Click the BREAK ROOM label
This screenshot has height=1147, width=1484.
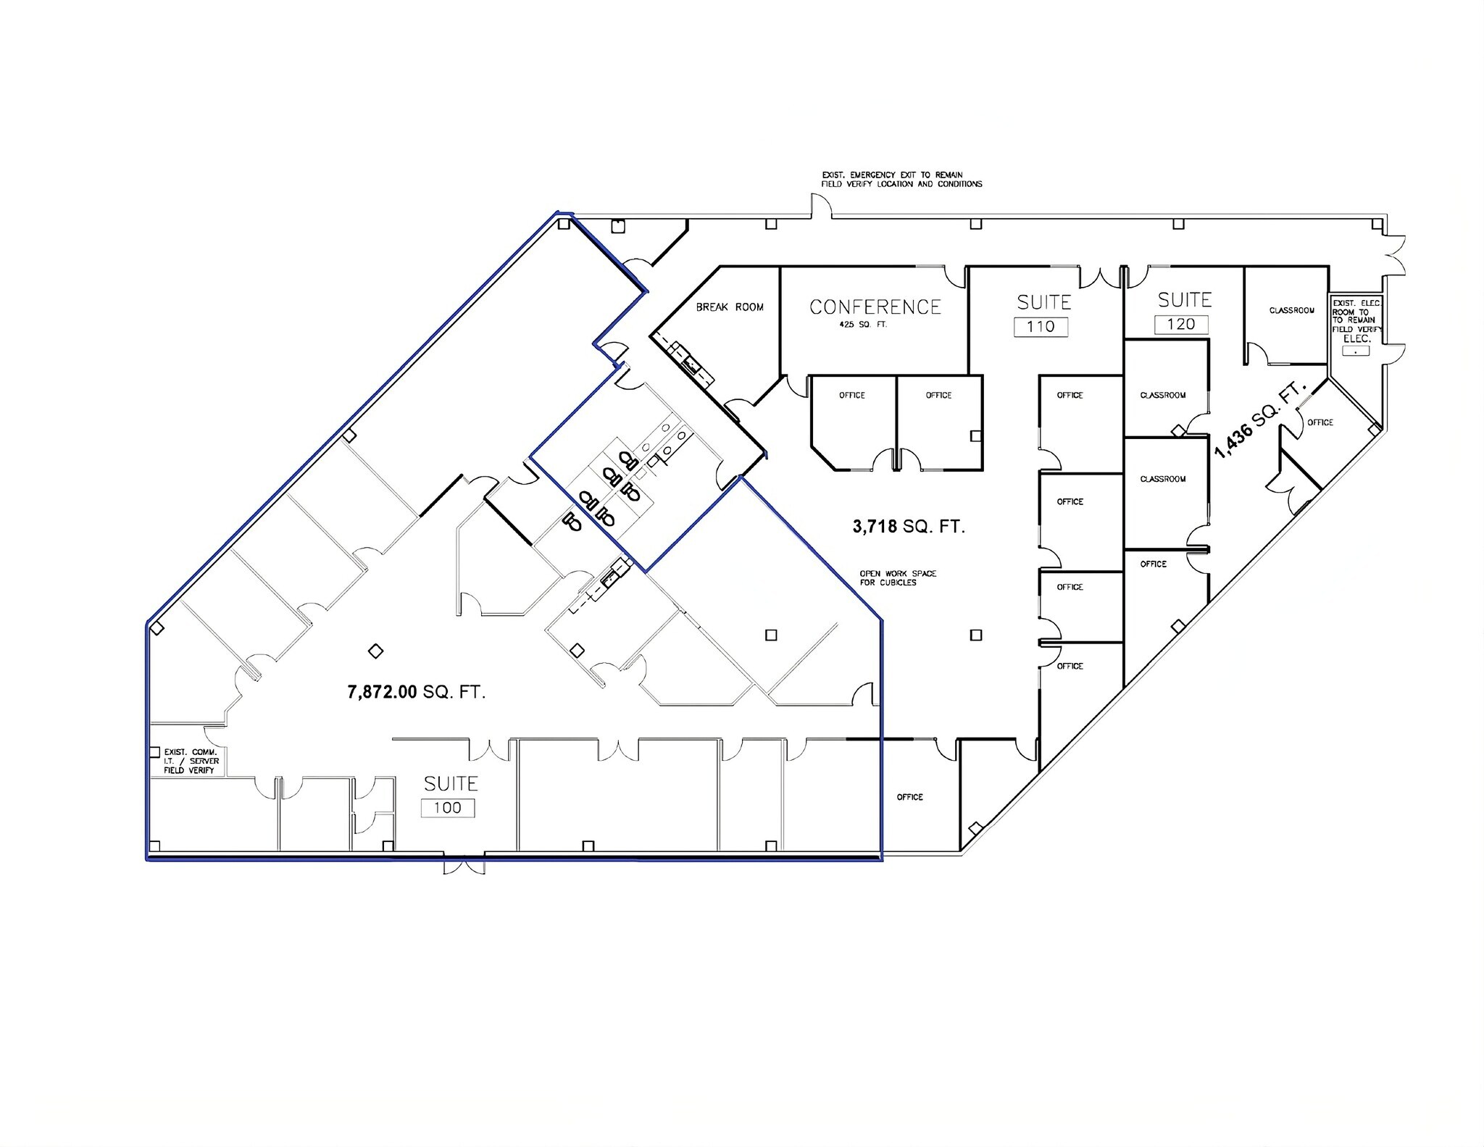(x=730, y=307)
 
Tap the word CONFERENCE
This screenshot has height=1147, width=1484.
(x=875, y=307)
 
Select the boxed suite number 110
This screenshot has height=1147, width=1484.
(x=1041, y=327)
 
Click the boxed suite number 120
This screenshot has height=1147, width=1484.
(x=1181, y=324)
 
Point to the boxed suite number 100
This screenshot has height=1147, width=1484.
(x=448, y=808)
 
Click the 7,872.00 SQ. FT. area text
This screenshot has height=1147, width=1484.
(x=417, y=692)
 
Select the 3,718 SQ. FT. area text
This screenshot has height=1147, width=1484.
(x=909, y=527)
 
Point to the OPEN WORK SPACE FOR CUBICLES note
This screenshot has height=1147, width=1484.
(x=898, y=577)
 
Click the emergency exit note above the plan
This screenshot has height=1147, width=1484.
(x=901, y=180)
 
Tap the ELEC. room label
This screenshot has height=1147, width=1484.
(x=1356, y=338)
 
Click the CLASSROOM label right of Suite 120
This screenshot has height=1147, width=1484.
(x=1291, y=311)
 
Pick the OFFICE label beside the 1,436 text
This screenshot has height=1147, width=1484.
(x=1320, y=422)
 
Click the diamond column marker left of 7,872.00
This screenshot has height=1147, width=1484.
(x=375, y=651)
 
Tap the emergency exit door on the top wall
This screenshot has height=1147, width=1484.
(x=821, y=208)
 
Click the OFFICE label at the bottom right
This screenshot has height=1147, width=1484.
(x=909, y=797)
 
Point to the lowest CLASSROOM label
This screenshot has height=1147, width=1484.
(x=1162, y=479)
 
